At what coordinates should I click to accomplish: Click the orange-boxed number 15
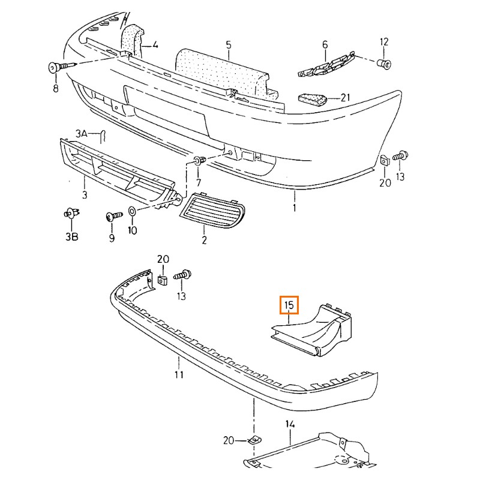click(x=289, y=305)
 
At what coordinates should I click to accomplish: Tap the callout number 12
click(x=384, y=42)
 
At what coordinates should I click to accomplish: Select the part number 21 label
click(x=344, y=97)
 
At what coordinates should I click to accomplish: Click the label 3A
click(x=82, y=133)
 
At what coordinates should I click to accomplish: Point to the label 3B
click(x=71, y=236)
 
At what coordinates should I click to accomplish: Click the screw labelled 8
click(x=56, y=67)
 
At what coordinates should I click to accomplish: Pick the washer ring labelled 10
click(x=132, y=212)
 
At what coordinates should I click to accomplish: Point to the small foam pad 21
click(x=313, y=98)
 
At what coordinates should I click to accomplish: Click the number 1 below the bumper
click(x=295, y=208)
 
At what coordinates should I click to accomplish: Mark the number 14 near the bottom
click(x=290, y=425)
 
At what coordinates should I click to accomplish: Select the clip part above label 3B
click(x=71, y=213)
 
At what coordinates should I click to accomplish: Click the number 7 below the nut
click(x=199, y=182)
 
